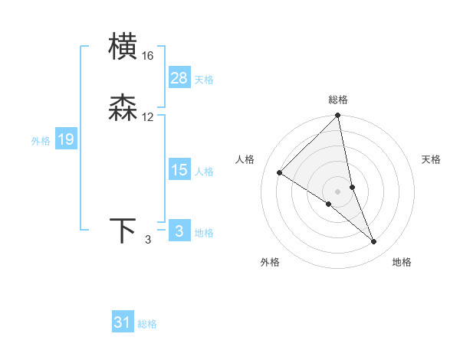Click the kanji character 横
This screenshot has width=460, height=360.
pos(123,47)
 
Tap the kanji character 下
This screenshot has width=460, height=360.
pos(123,231)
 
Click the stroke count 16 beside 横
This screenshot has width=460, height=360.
pos(147,56)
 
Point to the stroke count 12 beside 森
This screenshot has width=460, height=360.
pos(147,117)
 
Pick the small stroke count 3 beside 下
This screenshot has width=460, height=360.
pos(148,240)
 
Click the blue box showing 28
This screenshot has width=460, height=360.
pos(179,78)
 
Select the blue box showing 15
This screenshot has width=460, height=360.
pos(179,170)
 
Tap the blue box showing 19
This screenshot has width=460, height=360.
pos(65,139)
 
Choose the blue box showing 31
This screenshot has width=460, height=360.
pos(123,322)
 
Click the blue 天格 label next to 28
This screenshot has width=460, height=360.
pos(204,80)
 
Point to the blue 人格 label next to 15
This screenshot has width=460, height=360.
pos(204,172)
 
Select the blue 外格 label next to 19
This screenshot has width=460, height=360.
pos(41,141)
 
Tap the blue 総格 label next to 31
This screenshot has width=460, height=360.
pos(147,324)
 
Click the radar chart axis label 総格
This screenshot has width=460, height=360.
pos(338,100)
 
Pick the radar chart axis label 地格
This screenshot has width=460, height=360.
pos(402,263)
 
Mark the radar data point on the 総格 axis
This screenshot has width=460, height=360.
pos(338,116)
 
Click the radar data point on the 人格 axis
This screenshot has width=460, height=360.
pos(280,173)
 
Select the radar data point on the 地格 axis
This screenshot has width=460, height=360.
pos(374,242)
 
